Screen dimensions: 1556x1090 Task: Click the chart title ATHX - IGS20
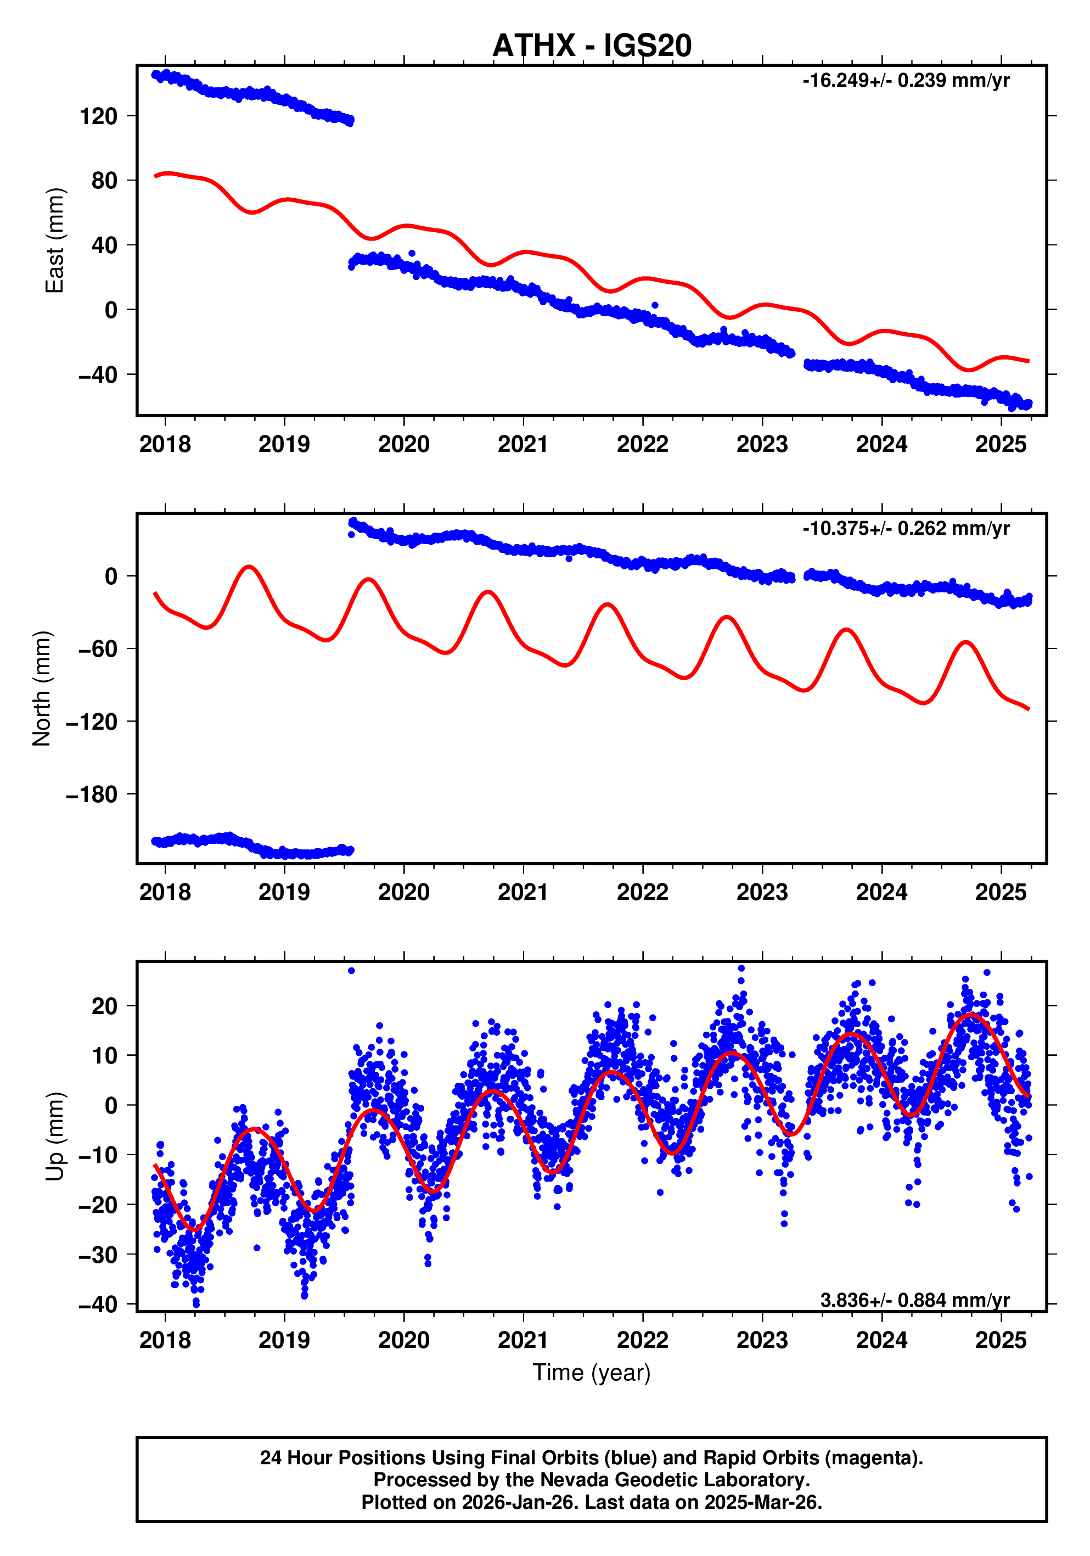click(x=592, y=46)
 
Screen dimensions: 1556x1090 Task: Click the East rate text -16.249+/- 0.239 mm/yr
click(x=906, y=81)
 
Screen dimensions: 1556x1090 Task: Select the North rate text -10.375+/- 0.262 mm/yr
click(x=906, y=528)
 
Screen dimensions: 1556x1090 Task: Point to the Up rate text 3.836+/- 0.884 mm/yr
click(x=914, y=1300)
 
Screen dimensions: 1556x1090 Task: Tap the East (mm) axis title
click(x=54, y=240)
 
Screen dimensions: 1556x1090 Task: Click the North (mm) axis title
click(x=42, y=688)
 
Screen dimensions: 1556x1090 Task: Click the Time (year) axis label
click(x=592, y=1372)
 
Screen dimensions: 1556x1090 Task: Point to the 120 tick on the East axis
click(x=98, y=116)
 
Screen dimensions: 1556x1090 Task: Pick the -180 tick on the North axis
click(x=92, y=794)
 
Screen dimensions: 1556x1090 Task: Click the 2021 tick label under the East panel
click(x=523, y=445)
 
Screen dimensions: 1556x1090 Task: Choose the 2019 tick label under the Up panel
click(x=284, y=1340)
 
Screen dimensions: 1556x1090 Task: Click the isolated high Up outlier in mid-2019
click(x=351, y=971)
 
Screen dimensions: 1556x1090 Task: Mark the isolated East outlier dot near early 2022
click(x=654, y=306)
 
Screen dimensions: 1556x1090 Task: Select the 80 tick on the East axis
click(x=104, y=181)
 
